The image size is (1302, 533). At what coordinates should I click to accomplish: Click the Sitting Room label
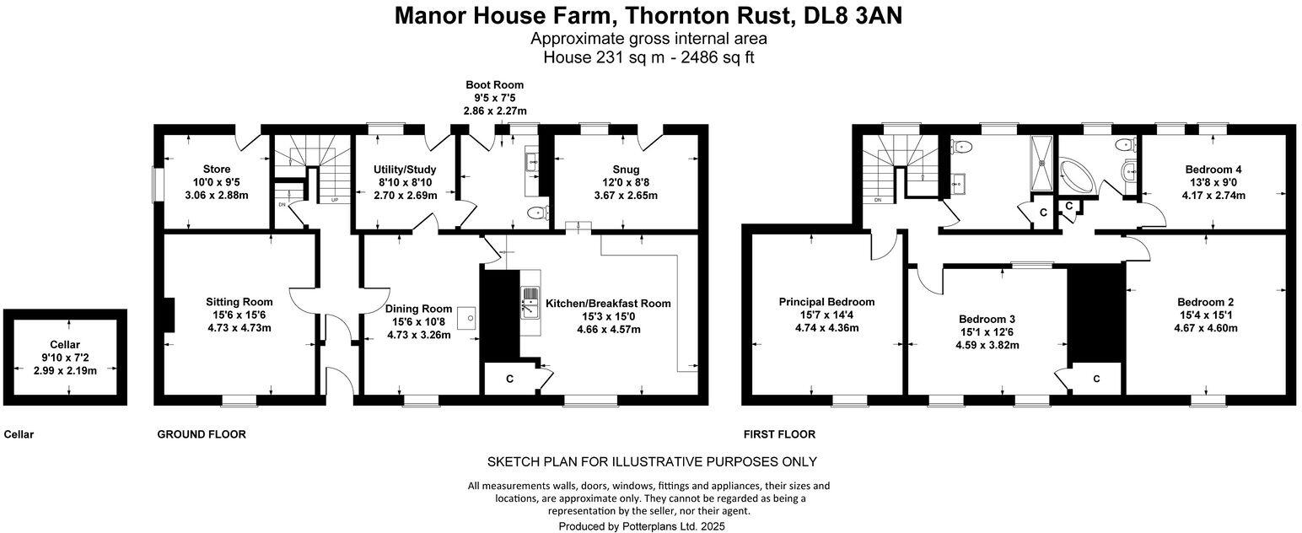[x=239, y=301]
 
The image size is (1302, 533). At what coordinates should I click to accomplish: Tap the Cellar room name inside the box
[x=66, y=344]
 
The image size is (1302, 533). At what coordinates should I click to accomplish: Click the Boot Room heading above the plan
[x=495, y=84]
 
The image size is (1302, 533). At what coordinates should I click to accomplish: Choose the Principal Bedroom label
[x=826, y=301]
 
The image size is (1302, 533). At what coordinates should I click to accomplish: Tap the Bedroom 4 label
[x=1213, y=169]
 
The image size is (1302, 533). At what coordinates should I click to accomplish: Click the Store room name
[x=217, y=169]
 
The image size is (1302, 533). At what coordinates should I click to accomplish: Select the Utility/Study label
[x=405, y=169]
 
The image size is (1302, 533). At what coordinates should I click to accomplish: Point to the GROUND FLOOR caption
[x=202, y=434]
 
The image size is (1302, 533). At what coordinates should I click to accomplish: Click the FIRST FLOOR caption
[x=779, y=434]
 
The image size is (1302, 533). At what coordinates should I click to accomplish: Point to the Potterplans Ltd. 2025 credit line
[x=642, y=525]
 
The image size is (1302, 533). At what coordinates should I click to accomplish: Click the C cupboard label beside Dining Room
[x=509, y=379]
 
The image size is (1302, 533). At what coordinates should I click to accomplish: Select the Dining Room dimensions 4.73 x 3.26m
[x=419, y=335]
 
